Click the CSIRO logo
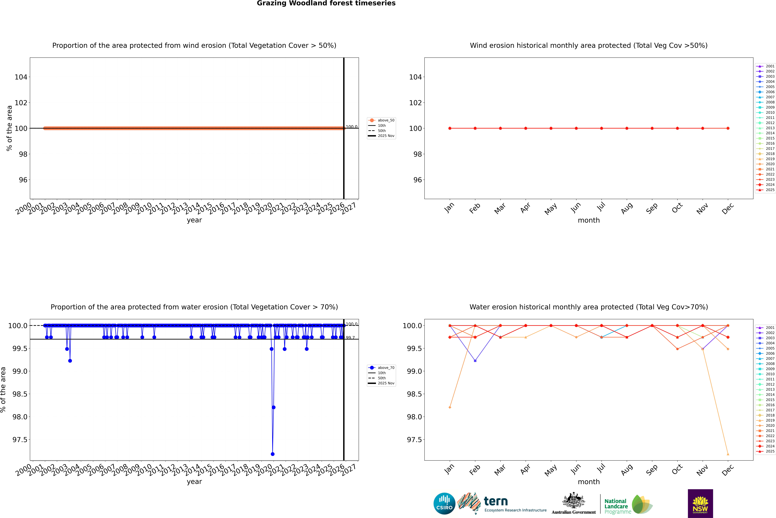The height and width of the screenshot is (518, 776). pyautogui.click(x=444, y=503)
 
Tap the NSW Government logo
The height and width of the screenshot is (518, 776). pyautogui.click(x=700, y=503)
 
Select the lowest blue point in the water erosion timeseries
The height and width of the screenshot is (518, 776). pyautogui.click(x=273, y=454)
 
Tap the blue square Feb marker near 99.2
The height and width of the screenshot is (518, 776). pyautogui.click(x=475, y=361)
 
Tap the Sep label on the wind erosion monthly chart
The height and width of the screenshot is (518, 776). pyautogui.click(x=652, y=208)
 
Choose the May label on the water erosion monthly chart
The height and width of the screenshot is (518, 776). pyautogui.click(x=550, y=470)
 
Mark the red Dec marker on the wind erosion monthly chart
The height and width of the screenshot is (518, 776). pyautogui.click(x=728, y=128)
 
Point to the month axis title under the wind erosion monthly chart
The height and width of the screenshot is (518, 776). pyautogui.click(x=588, y=220)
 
